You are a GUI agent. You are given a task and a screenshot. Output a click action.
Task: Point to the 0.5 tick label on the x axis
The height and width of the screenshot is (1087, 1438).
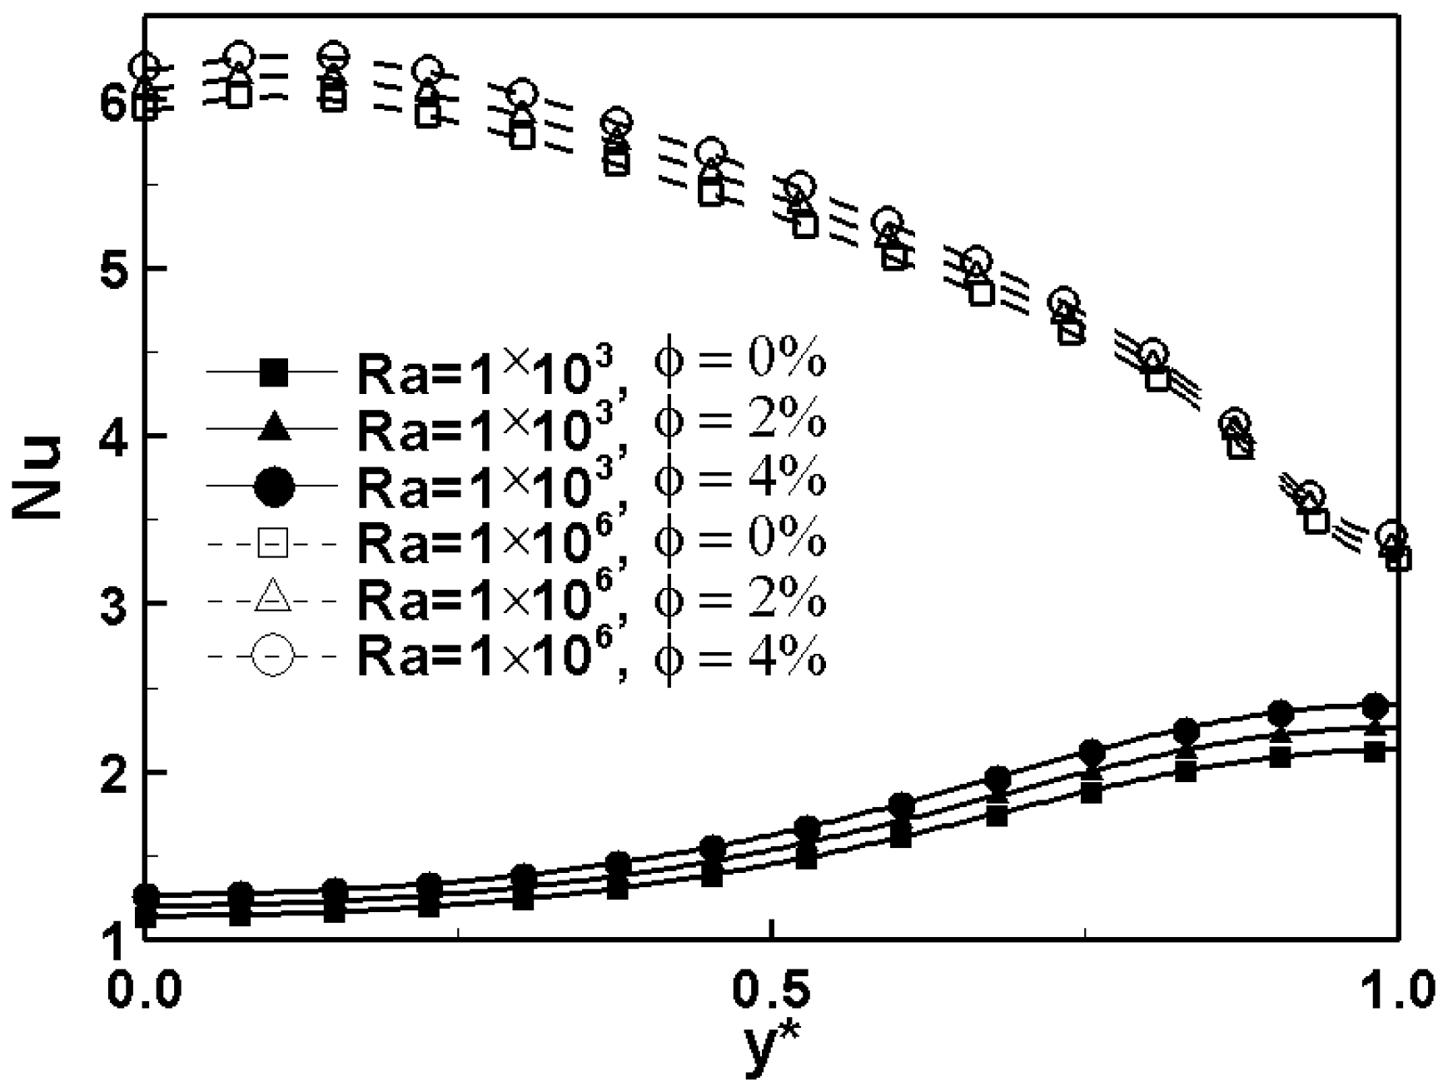point(774,991)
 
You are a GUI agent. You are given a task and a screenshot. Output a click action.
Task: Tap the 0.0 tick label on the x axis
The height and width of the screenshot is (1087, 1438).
point(145,991)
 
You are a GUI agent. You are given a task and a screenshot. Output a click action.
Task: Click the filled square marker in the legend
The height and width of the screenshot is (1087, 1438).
point(274,371)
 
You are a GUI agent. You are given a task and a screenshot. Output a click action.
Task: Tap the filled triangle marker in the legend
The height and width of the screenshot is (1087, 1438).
point(274,428)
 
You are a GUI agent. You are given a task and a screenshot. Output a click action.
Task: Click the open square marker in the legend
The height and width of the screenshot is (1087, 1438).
point(274,543)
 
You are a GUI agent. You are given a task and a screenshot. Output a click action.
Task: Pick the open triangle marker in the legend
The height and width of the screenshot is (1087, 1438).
point(274,598)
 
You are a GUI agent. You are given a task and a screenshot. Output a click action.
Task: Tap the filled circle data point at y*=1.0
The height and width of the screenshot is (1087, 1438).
point(1374,706)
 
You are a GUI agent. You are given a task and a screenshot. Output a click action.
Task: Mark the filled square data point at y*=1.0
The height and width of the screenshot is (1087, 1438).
point(1374,751)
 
